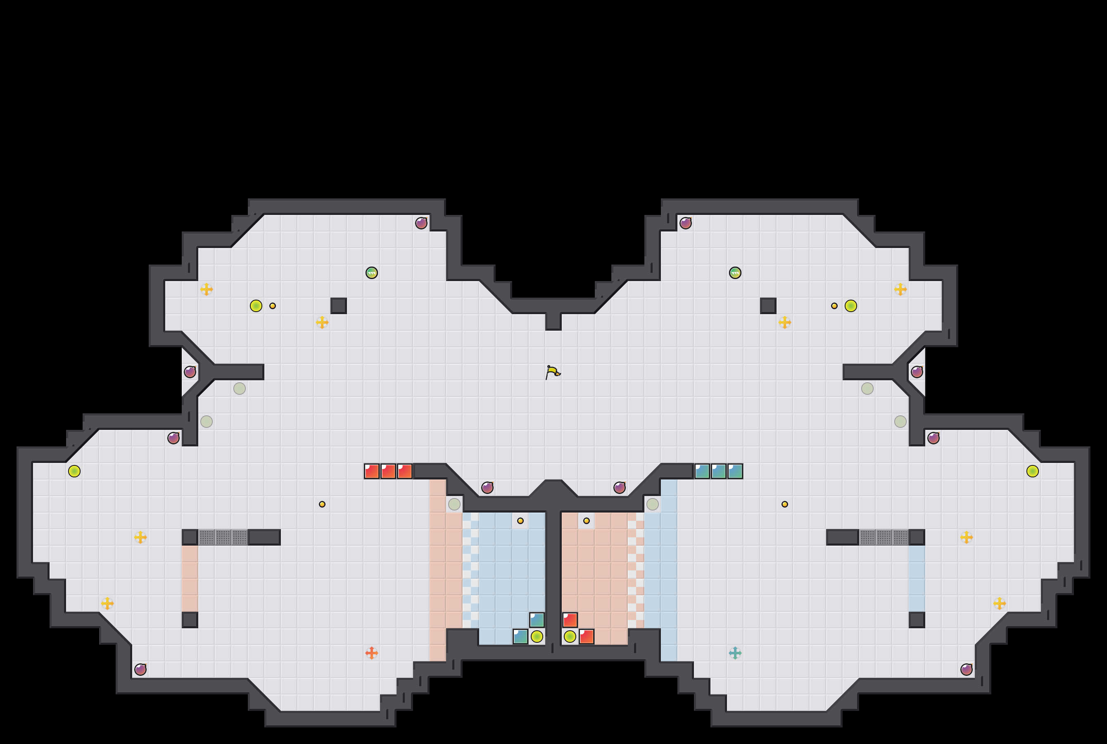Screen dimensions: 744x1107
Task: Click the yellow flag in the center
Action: (x=552, y=372)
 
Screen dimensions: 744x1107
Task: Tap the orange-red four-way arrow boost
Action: (x=372, y=653)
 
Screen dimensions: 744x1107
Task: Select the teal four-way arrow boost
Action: (x=735, y=653)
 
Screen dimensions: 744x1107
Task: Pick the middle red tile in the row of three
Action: (x=388, y=471)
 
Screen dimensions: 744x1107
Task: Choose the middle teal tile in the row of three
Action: (x=718, y=471)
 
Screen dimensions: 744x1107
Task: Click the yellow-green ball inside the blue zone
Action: (x=537, y=636)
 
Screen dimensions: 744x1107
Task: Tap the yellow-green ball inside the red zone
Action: (x=570, y=636)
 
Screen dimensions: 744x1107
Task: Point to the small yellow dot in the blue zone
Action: (x=520, y=520)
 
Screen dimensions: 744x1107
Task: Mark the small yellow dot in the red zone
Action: (x=587, y=520)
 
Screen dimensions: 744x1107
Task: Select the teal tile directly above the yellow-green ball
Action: (x=537, y=620)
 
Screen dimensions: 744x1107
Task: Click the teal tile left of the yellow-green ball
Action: (x=520, y=636)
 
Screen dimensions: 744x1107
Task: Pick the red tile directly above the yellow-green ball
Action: (x=570, y=620)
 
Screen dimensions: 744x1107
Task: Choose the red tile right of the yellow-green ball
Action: (x=587, y=636)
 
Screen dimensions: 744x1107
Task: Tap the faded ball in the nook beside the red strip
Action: (x=454, y=504)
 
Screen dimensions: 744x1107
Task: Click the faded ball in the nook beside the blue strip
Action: (x=652, y=504)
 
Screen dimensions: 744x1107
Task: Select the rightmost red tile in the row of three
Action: (x=404, y=471)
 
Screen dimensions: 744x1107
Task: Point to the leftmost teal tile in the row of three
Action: (x=702, y=471)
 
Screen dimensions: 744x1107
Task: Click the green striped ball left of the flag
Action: (x=372, y=273)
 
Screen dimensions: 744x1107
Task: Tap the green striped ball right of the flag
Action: (x=735, y=273)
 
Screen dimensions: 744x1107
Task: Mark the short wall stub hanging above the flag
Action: (x=553, y=321)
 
